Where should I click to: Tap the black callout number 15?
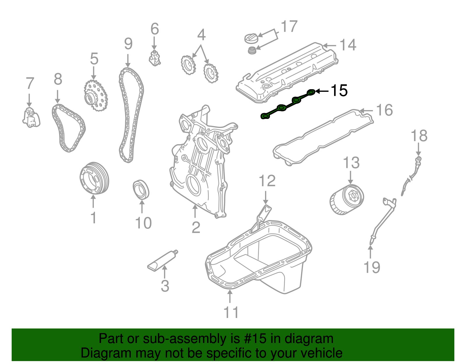(x=339, y=91)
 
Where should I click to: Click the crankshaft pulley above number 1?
(x=94, y=178)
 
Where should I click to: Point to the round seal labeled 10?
(x=141, y=190)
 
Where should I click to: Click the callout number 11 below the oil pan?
(x=231, y=312)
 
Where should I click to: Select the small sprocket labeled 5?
(x=96, y=95)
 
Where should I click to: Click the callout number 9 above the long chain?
(x=128, y=44)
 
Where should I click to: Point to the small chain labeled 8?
(x=69, y=128)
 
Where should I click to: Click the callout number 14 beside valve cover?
(x=348, y=45)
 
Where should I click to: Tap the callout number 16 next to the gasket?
(x=384, y=110)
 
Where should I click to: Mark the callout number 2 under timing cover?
(x=196, y=227)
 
